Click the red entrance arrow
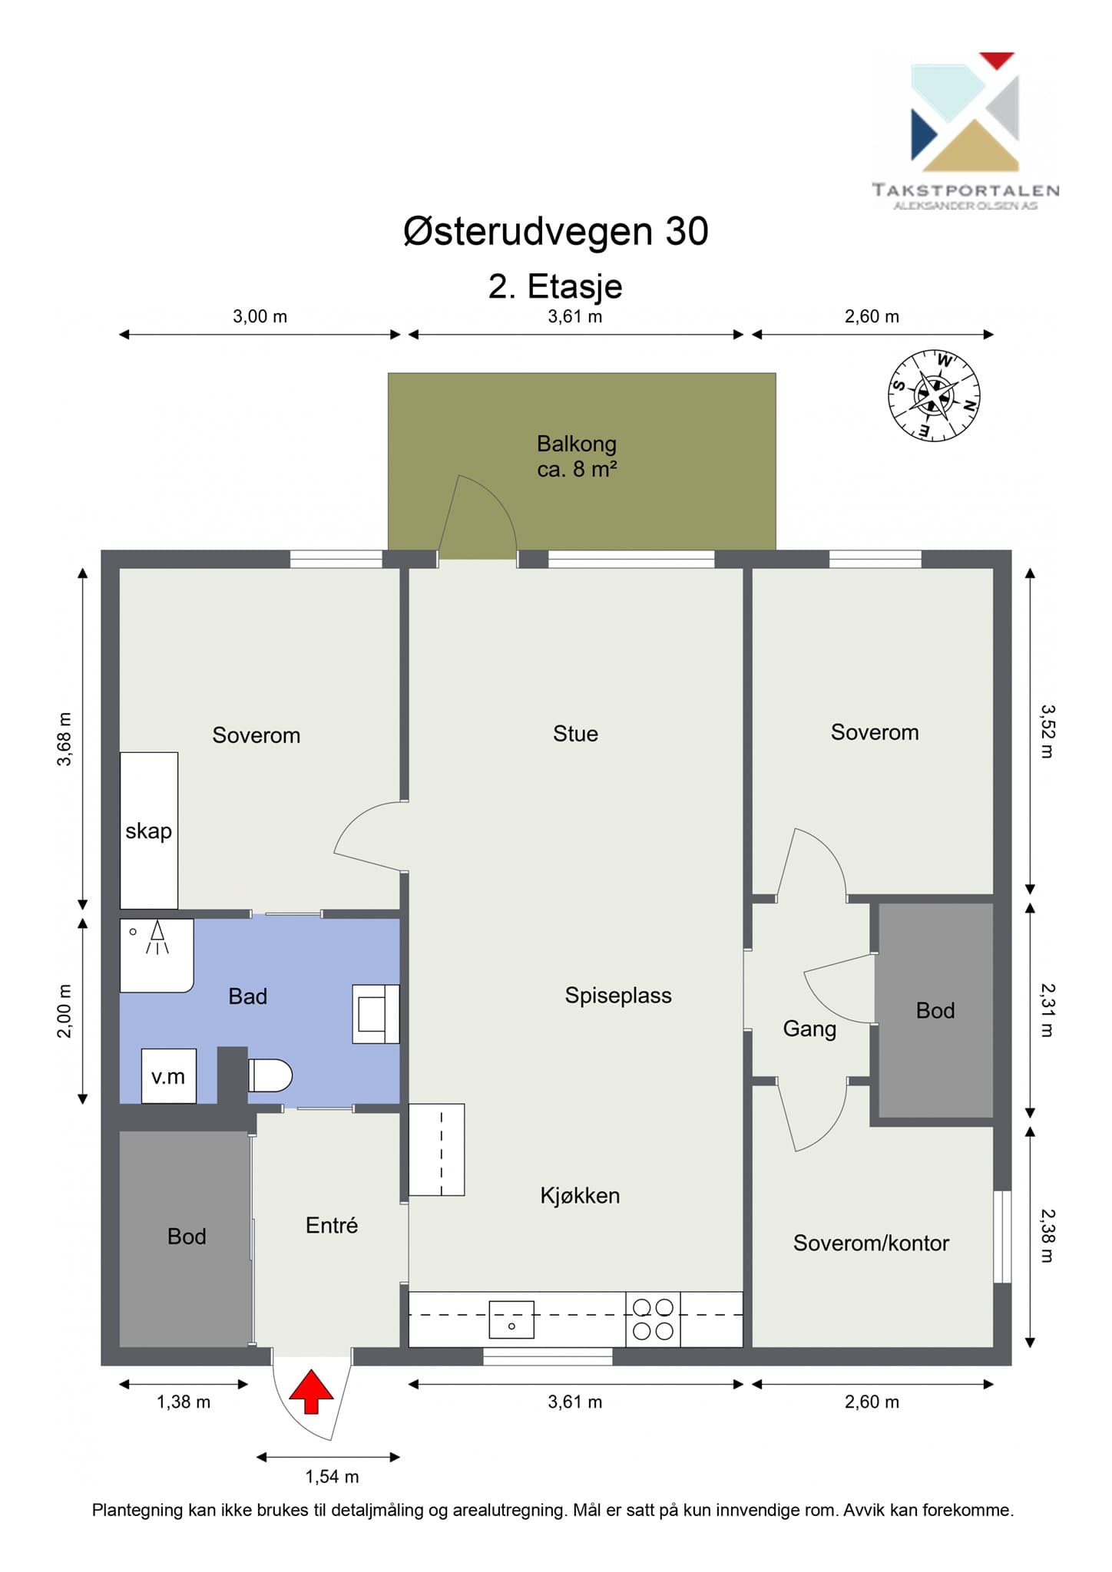pos(311,1391)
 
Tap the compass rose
pos(935,395)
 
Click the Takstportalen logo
pos(965,131)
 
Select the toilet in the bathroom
pos(270,1075)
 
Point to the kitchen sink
pos(511,1320)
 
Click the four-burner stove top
pos(653,1319)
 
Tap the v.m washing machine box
pos(168,1076)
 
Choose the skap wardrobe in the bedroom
pos(149,831)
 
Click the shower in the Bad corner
pos(157,956)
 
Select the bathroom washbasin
pos(376,1014)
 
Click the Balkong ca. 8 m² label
pos(577,456)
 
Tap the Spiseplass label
pos(618,996)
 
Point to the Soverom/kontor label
pos(871,1243)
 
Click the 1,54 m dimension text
pos(332,1476)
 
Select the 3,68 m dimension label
pos(65,739)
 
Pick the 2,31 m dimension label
pos(1047,1010)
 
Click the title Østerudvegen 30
pos(556,230)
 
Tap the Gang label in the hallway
pos(809,1029)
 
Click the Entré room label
pos(332,1225)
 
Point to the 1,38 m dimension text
pos(184,1402)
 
